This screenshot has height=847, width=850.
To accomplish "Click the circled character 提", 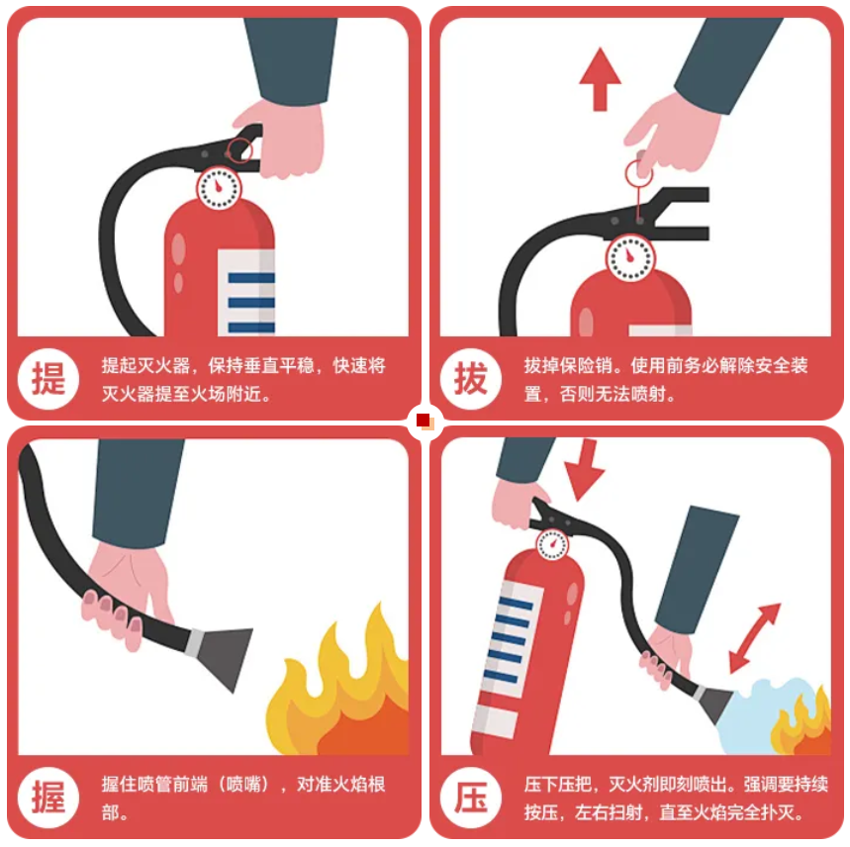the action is tap(48, 379).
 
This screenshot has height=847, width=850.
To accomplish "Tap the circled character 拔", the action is tap(471, 379).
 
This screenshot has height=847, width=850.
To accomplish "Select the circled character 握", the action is tap(48, 798).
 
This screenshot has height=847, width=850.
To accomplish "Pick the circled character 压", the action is tap(471, 798).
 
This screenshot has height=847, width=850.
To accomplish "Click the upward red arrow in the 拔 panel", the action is tap(600, 80).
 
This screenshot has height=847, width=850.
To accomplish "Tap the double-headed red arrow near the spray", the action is tap(754, 638).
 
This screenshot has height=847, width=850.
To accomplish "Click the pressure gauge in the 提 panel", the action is tap(219, 188).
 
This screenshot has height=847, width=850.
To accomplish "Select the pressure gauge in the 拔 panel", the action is tap(630, 258).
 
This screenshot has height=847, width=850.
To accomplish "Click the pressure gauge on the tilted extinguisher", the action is tap(553, 544).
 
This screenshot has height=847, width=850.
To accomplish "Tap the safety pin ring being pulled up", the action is tap(638, 173).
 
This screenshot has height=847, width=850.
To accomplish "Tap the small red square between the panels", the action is tap(424, 420).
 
